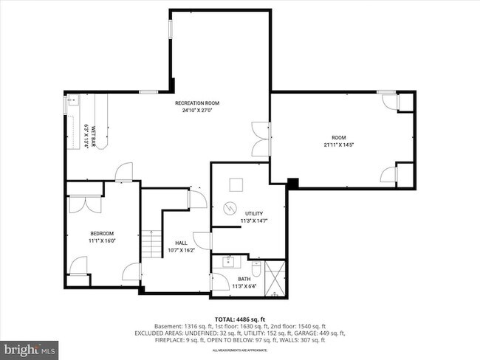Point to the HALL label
(181, 243)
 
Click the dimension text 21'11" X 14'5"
(338, 145)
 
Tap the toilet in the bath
(256, 266)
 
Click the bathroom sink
(229, 261)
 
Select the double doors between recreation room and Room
(259, 138)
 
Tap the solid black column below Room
(292, 182)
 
